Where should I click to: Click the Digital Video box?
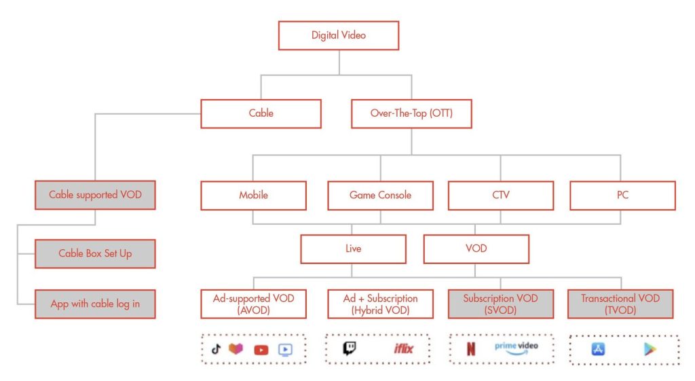(339, 35)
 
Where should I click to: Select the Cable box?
(261, 113)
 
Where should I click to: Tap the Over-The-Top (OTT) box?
(411, 113)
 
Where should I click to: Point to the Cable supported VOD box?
(95, 195)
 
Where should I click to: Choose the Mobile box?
(254, 195)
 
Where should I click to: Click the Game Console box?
(380, 195)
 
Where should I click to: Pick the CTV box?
(501, 195)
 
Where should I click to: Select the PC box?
(623, 195)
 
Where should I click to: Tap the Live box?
(353, 249)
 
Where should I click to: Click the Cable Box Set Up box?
(95, 254)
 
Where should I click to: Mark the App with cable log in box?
(95, 304)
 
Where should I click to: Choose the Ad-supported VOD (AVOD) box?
(254, 304)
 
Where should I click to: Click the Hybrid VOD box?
(380, 304)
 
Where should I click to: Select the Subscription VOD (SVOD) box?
(501, 304)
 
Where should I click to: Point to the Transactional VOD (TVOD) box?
(620, 304)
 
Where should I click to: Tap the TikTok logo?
(216, 349)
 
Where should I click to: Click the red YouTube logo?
(261, 350)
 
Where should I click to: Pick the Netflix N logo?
(471, 348)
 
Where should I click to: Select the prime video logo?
(516, 348)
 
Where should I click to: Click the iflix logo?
(403, 348)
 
